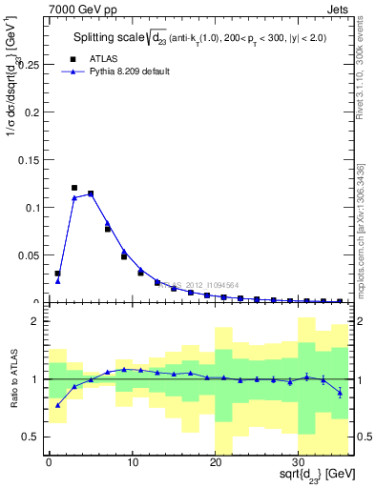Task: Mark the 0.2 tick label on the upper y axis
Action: tap(34, 112)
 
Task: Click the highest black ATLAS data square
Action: tap(74, 188)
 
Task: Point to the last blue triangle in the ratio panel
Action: tap(340, 393)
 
